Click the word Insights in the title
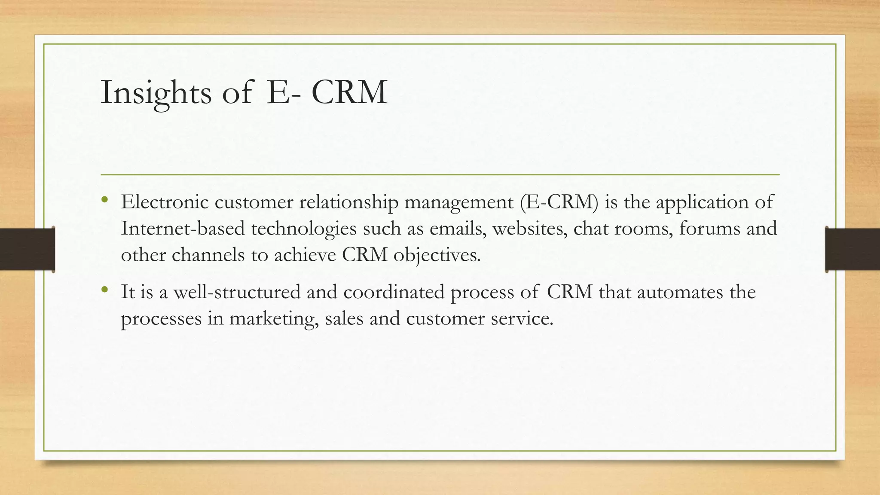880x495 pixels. click(156, 92)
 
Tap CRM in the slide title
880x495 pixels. click(349, 92)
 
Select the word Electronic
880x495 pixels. click(165, 202)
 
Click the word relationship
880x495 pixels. click(349, 202)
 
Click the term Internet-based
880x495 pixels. click(183, 228)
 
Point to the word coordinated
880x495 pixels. click(394, 292)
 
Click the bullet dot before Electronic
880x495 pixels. click(105, 200)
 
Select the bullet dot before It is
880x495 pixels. click(105, 290)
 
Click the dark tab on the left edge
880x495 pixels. click(27, 249)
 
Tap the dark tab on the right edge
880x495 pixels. click(852, 249)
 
